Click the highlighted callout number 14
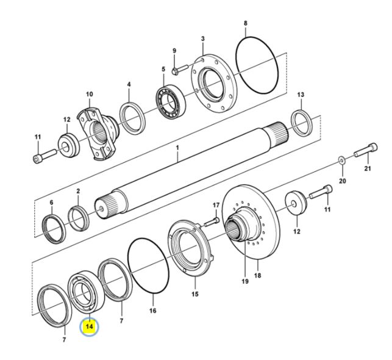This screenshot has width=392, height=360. pos(90,327)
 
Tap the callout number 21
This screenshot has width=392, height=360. pos(367,168)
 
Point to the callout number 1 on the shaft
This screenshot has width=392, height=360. pos(177,147)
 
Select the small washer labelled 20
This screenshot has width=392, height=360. pos(341,160)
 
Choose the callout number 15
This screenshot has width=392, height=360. pos(196,295)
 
